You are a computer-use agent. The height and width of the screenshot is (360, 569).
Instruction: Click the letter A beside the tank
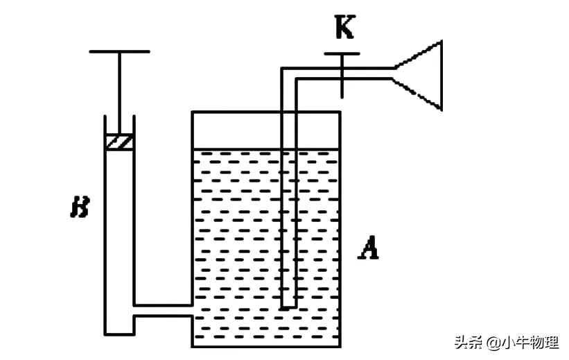pos(367,247)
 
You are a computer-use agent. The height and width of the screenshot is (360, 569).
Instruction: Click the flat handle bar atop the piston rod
pos(119,51)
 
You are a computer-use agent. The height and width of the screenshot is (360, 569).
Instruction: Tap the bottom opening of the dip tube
pos(288,307)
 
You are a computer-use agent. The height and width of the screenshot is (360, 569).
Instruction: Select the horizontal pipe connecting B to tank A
pos(162,310)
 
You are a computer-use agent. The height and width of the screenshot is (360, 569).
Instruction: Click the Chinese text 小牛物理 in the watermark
pos(529,342)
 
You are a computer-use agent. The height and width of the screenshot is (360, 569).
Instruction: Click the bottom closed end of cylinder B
pos(119,334)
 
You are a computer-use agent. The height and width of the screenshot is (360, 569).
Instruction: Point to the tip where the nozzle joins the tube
pos(393,74)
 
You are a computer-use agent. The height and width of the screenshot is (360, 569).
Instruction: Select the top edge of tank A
pos(266,112)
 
